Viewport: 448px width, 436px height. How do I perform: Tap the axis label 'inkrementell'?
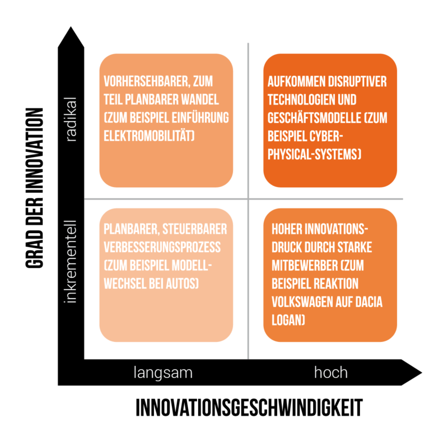pyautogui.click(x=71, y=262)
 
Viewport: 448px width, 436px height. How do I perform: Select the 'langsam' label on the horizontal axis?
pyautogui.click(x=163, y=373)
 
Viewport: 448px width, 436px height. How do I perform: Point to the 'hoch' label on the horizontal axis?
pyautogui.click(x=331, y=373)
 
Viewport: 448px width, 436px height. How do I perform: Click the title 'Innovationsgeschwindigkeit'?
pyautogui.click(x=249, y=408)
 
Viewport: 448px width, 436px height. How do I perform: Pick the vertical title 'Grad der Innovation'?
pyautogui.click(x=34, y=188)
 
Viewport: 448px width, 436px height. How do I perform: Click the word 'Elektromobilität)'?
pyautogui.click(x=149, y=136)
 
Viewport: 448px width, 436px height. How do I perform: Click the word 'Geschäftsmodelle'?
pyautogui.click(x=315, y=118)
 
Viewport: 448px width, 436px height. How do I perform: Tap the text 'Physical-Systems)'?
pyautogui.click(x=314, y=154)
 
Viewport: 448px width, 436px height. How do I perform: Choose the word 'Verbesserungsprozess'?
pyautogui.click(x=162, y=247)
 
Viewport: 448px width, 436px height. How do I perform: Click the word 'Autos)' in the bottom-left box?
pyautogui.click(x=183, y=284)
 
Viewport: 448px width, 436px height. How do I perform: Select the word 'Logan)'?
pyautogui.click(x=288, y=320)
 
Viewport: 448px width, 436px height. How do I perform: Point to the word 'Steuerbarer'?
pyautogui.click(x=195, y=229)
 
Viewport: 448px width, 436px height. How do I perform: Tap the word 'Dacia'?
pyautogui.click(x=369, y=302)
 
